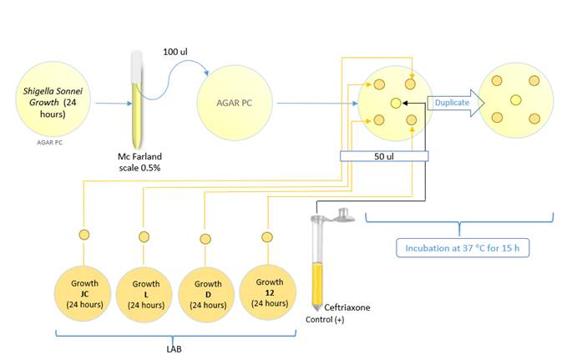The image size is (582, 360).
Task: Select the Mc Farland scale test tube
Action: pyautogui.click(x=135, y=99)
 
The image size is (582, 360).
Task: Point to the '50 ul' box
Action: pyautogui.click(x=384, y=156)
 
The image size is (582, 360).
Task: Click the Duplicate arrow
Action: pyautogui.click(x=452, y=103)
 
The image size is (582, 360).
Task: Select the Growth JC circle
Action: pyautogui.click(x=84, y=292)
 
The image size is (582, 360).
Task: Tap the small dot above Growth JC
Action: pyautogui.click(x=84, y=235)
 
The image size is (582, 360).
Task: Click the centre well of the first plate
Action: pyautogui.click(x=396, y=102)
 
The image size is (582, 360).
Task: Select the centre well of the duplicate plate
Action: pyautogui.click(x=516, y=101)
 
